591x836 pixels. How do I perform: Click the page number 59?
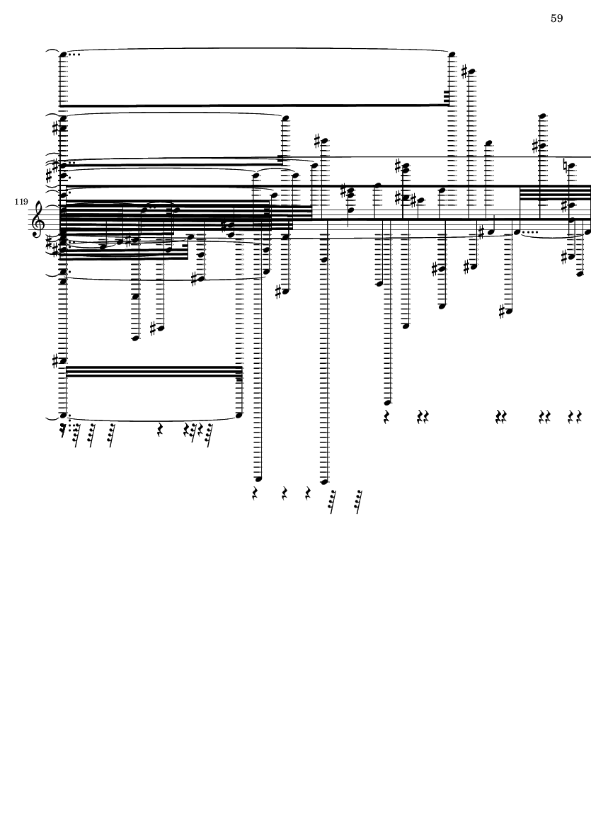click(x=556, y=18)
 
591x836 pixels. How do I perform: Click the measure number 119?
click(x=21, y=202)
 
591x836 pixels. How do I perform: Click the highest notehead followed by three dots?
click(x=64, y=55)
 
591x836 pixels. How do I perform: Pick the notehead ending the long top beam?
click(x=452, y=55)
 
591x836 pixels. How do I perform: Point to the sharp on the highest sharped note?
click(x=465, y=70)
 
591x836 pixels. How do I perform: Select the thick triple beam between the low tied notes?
click(x=153, y=372)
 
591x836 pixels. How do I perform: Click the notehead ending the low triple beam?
click(x=239, y=415)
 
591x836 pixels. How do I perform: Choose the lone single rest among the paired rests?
click(x=387, y=416)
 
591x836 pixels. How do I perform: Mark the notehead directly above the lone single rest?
click(x=388, y=403)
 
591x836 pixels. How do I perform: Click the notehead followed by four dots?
click(x=517, y=232)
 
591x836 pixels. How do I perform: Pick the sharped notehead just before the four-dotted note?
click(x=490, y=232)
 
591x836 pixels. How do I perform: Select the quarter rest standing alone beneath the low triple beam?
click(x=159, y=429)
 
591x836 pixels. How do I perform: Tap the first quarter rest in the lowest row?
click(x=255, y=493)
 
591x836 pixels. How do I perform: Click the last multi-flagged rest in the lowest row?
click(x=359, y=501)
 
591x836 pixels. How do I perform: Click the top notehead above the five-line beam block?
click(x=543, y=115)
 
